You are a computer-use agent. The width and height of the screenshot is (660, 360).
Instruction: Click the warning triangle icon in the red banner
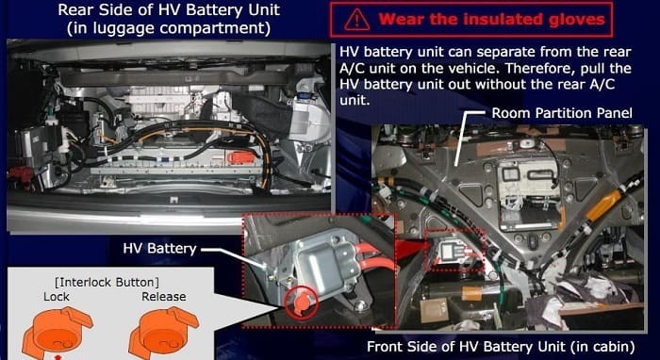coord(357,20)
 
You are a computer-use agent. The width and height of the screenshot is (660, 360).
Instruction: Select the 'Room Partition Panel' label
coord(562,113)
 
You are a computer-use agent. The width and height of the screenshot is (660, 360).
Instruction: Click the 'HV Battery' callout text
coord(159,249)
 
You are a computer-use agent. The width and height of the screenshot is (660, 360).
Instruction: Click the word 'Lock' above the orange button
coord(57,297)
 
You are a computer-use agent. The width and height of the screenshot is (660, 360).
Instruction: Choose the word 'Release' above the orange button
coord(164,297)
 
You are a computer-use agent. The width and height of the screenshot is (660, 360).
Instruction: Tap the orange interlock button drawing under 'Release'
coord(163,333)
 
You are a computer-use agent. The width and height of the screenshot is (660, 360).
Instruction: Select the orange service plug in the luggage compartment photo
coord(240,157)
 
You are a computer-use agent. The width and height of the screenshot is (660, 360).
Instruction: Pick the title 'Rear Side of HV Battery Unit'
coord(169,9)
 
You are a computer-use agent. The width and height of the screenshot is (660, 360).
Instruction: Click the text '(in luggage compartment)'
coord(169,27)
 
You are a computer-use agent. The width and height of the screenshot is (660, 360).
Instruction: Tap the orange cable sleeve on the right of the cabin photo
coord(603,205)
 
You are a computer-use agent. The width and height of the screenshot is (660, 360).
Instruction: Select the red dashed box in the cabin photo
coord(455,251)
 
